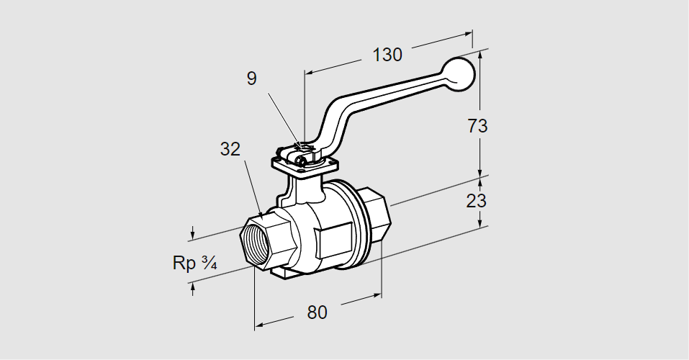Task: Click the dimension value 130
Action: (x=387, y=55)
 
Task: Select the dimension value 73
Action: (x=477, y=125)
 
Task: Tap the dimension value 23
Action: (x=476, y=201)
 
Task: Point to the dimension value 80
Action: (x=317, y=312)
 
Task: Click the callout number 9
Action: (x=251, y=78)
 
